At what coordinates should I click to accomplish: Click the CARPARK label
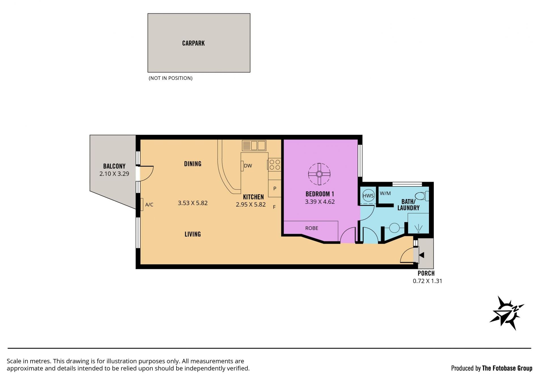point(193,43)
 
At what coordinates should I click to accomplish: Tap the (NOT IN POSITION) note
point(171,78)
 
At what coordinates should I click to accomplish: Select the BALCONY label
point(114,166)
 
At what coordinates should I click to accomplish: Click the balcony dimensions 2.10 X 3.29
point(114,174)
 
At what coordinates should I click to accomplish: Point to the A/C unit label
point(149,205)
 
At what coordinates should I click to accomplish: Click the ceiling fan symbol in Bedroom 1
point(319,174)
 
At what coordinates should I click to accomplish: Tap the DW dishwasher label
point(248,166)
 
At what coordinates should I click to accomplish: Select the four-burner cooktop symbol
point(275,165)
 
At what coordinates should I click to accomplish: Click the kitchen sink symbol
point(254,145)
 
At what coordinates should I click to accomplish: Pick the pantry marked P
point(275,188)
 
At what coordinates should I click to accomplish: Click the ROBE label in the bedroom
point(312,228)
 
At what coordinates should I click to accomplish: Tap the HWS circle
point(368,196)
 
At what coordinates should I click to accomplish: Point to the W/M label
point(385,193)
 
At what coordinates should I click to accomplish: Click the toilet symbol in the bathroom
point(422,196)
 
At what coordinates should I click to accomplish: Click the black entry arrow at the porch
point(421,255)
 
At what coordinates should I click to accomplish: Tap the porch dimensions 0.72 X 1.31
point(427,281)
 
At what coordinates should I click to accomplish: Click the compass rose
point(507,313)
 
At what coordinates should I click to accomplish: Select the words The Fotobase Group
point(507,368)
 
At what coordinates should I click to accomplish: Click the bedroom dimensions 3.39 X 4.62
point(320,202)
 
